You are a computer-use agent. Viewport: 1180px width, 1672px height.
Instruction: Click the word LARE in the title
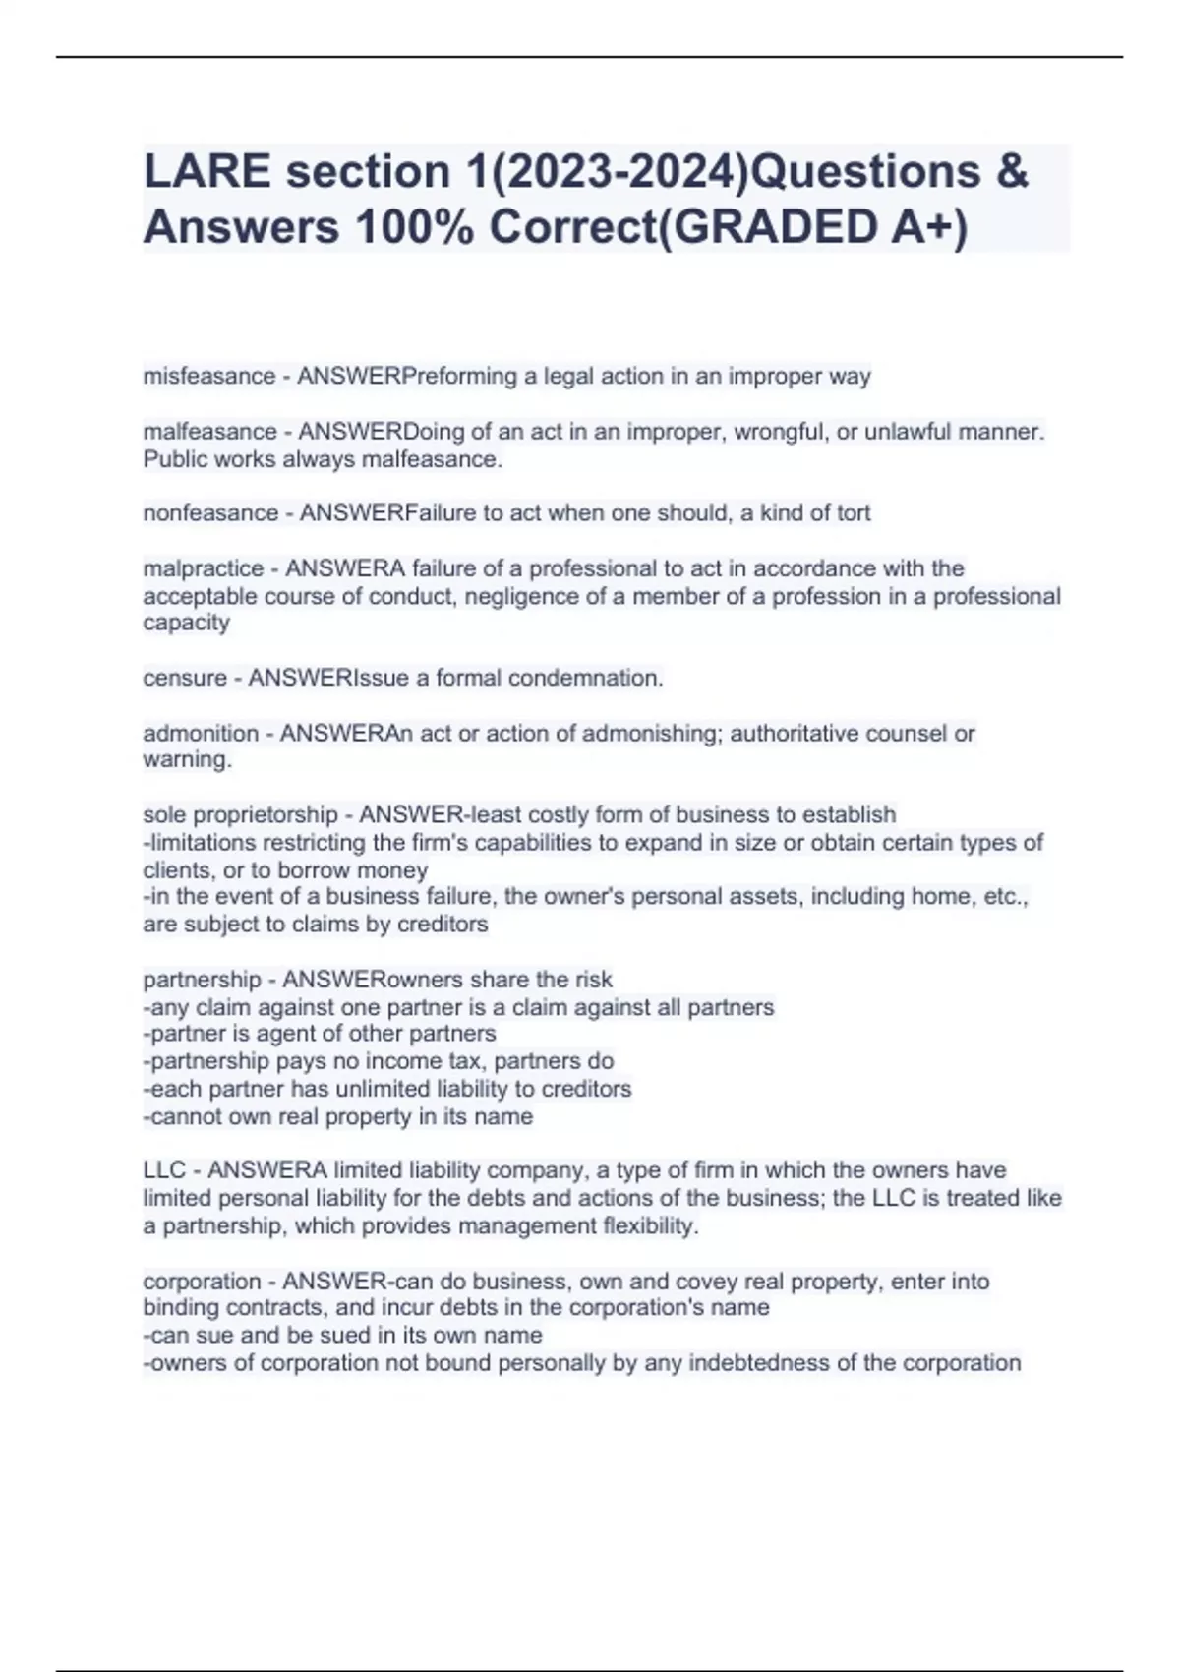206,172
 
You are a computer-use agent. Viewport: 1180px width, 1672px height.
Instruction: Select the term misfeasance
208,376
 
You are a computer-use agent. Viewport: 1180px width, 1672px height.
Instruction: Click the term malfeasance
209,432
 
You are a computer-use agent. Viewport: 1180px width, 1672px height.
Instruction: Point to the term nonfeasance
210,513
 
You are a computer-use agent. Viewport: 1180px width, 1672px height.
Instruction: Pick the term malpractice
203,568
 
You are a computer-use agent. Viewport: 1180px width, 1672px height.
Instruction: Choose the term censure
184,678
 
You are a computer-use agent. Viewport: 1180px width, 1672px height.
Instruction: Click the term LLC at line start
164,1170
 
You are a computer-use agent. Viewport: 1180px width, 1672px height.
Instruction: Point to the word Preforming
460,376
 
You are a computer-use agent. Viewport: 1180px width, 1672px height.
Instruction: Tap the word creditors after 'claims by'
442,925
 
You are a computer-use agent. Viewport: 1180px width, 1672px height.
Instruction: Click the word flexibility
647,1226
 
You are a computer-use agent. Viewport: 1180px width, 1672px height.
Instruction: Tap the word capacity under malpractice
186,623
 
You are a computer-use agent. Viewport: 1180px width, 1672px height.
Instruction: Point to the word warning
187,760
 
